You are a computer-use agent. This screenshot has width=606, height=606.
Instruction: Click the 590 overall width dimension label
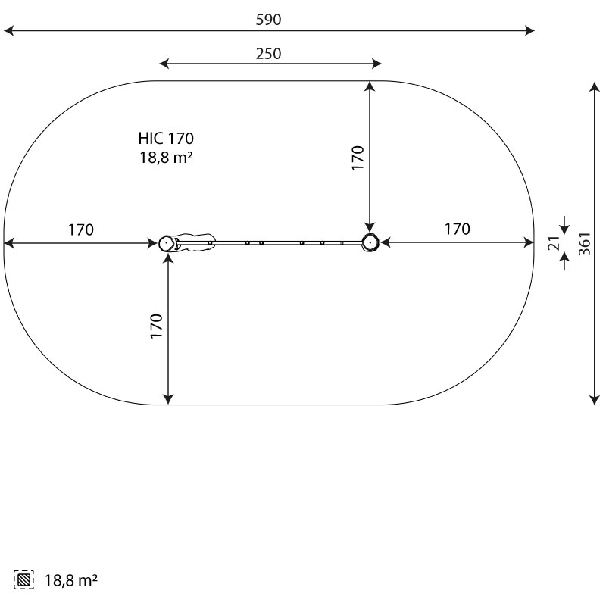point(268,20)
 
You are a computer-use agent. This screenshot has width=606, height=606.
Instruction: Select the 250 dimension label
point(268,54)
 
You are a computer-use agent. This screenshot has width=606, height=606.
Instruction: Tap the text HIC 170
point(166,139)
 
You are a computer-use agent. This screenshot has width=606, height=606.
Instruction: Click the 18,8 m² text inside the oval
point(166,158)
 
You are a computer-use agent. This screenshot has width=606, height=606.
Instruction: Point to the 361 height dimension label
point(585,243)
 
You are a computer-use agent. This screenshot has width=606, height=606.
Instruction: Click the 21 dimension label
point(554,243)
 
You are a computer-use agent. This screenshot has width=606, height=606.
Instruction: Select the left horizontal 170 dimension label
point(81,230)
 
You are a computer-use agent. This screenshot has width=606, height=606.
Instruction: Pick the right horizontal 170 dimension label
point(458,230)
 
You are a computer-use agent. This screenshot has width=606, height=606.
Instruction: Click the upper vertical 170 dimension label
point(358,158)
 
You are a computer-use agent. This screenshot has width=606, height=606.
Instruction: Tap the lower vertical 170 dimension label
point(156,326)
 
